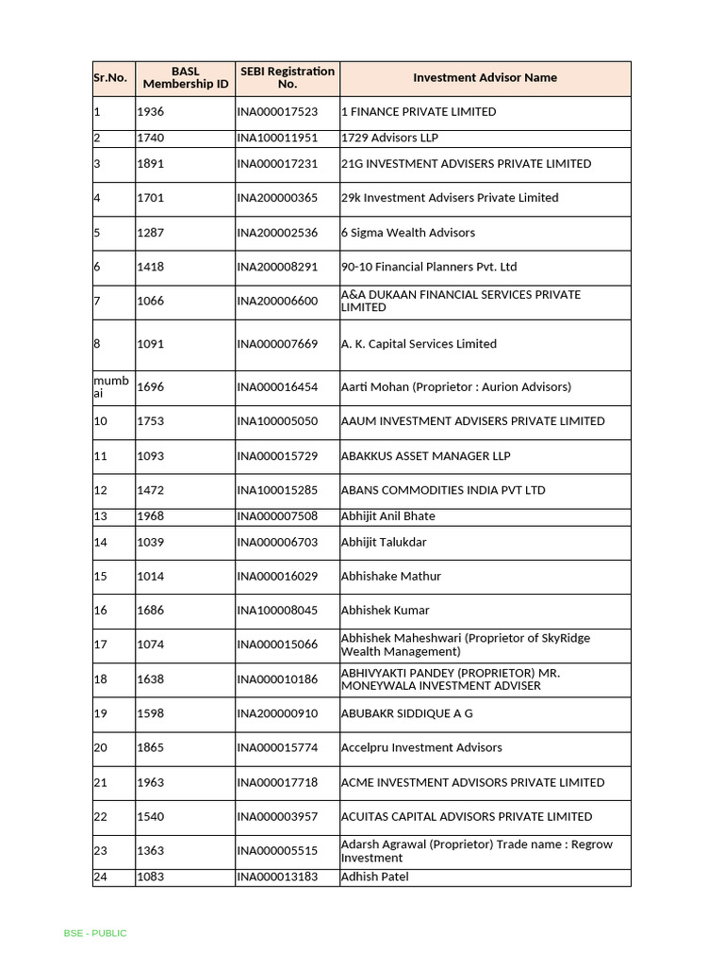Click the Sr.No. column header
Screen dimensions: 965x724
[x=110, y=78]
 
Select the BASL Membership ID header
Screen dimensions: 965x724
[x=186, y=78]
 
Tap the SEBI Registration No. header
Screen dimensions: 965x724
[x=288, y=78]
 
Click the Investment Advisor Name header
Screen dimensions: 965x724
[x=485, y=78]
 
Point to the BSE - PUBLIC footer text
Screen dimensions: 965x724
[x=95, y=933]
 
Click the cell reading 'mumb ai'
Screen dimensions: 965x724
[x=111, y=387]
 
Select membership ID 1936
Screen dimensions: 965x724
[x=151, y=112]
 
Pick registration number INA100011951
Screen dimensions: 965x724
[x=277, y=138]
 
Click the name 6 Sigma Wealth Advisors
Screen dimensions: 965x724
[x=407, y=233]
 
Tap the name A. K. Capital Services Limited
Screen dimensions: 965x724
[x=419, y=344]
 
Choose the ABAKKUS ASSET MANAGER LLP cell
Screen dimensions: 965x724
[x=425, y=456]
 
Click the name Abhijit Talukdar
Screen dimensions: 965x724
[x=384, y=542]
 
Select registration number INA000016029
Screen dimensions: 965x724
[x=277, y=577]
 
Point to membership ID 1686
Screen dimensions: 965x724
[x=151, y=611]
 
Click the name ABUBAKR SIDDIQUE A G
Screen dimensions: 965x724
[x=406, y=713]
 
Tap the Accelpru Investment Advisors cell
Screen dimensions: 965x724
[x=421, y=748]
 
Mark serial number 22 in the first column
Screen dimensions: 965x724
[x=101, y=817]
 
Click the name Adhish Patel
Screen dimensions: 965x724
[x=374, y=877]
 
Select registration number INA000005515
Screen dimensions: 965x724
[x=277, y=851]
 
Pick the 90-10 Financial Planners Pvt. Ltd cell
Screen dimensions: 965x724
[x=429, y=267]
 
